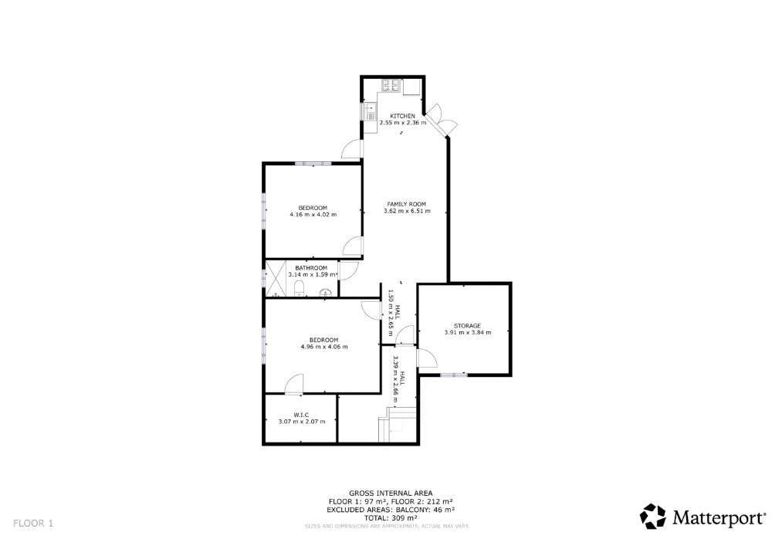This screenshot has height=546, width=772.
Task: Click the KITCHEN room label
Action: (x=402, y=116)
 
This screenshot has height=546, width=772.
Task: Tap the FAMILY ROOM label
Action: (x=406, y=205)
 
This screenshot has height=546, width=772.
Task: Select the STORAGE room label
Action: (x=467, y=326)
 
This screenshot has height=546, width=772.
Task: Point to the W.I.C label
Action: (x=301, y=415)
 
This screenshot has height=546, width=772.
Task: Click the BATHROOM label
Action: (x=311, y=268)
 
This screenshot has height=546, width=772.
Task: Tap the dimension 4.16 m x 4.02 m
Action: (x=313, y=215)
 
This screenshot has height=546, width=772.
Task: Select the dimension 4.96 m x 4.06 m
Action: (x=324, y=347)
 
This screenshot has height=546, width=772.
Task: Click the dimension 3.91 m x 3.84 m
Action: (x=468, y=332)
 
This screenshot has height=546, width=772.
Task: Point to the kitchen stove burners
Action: (x=390, y=86)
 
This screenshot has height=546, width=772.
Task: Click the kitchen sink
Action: (x=371, y=110)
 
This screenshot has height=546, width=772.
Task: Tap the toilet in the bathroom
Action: (x=299, y=290)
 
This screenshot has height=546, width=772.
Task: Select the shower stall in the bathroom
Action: (x=276, y=279)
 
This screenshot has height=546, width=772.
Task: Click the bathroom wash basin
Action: (x=326, y=293)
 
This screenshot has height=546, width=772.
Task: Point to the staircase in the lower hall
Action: (x=398, y=425)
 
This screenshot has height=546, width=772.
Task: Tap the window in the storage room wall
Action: (x=453, y=375)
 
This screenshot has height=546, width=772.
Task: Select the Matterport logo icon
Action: (x=653, y=516)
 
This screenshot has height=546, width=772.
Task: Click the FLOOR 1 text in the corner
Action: (x=33, y=524)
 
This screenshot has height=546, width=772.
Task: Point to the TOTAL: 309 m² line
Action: (x=391, y=518)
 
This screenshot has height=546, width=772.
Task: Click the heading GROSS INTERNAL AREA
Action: (x=391, y=493)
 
